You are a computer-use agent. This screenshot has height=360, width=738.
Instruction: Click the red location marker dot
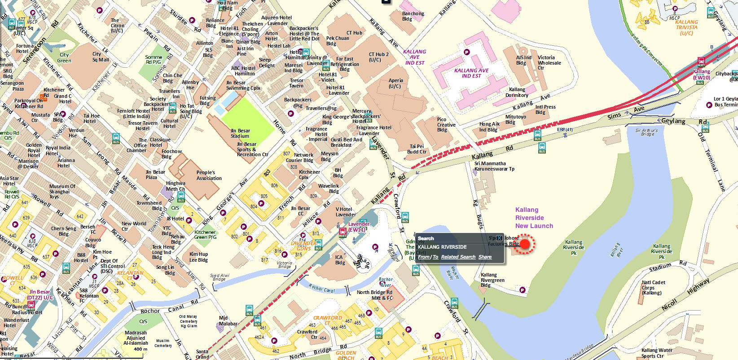(524, 244)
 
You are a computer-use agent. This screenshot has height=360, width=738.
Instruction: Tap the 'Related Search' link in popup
(458, 257)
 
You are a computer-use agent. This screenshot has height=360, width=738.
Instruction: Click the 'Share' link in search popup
(485, 257)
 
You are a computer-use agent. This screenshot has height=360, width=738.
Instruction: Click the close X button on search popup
(499, 238)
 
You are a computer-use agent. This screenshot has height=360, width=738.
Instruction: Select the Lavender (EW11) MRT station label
(359, 227)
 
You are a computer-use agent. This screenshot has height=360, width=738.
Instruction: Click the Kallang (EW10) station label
(701, 75)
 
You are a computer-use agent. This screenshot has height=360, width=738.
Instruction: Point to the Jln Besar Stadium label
(240, 133)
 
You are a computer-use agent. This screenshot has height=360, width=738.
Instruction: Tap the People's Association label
(209, 175)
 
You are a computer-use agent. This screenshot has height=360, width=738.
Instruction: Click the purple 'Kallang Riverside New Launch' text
(534, 218)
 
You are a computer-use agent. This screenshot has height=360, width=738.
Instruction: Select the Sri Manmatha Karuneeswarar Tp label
(494, 166)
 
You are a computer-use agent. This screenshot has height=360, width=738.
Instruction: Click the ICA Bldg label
(340, 260)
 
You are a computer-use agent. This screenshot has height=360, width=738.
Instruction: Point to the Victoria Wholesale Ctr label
(549, 62)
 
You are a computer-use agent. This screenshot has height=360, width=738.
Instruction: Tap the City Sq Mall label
(101, 57)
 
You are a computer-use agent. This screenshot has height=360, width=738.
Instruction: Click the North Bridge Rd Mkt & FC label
(374, 295)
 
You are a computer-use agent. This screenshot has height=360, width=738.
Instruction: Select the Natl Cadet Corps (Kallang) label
(653, 287)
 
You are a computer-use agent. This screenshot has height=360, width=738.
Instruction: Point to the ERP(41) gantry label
(565, 130)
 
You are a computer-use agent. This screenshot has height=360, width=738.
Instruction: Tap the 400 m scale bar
(141, 349)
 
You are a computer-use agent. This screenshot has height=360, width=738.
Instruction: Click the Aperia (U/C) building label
(395, 83)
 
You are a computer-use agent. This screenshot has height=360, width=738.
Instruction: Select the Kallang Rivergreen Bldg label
(492, 280)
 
